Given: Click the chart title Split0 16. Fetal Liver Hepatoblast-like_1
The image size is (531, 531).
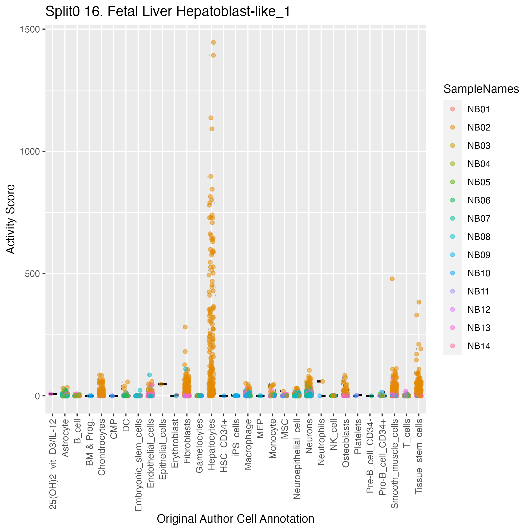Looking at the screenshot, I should [x=168, y=12].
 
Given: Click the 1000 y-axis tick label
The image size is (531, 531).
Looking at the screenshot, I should [x=30, y=152].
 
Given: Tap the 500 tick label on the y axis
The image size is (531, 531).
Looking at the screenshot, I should [x=32, y=274].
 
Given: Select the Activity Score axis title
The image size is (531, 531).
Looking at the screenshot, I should [x=10, y=219].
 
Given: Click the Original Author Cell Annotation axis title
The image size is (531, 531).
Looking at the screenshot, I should [x=235, y=519].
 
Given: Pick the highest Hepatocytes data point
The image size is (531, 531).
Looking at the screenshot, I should [x=213, y=42].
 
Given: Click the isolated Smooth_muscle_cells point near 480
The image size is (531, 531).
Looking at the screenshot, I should [x=392, y=279].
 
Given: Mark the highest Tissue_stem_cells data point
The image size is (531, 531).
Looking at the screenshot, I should [x=419, y=302].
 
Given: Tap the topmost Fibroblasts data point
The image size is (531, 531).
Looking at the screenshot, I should [x=185, y=327].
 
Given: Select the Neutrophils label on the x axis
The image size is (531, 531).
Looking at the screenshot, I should [x=321, y=442].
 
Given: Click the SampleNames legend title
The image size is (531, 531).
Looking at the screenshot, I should [x=481, y=89].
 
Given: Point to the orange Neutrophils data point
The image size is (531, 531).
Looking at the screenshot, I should [x=323, y=381].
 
